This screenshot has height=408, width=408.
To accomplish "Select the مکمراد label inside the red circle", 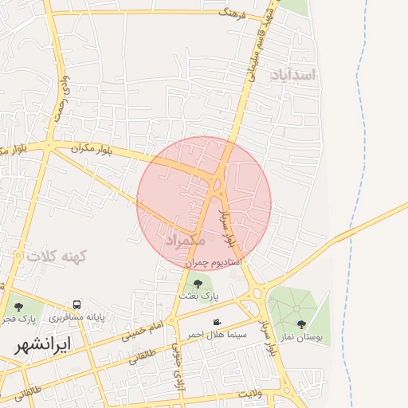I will [186, 239].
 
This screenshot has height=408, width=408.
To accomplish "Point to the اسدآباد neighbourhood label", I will [293, 75].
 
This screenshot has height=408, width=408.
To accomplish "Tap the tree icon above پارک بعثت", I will [198, 283].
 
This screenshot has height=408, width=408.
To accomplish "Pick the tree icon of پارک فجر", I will [18, 305].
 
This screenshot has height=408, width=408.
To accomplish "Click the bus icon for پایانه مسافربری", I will [77, 305].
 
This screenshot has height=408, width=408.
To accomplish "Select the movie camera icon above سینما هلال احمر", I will [217, 322].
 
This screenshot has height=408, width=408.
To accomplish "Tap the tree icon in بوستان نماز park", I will [301, 324].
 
